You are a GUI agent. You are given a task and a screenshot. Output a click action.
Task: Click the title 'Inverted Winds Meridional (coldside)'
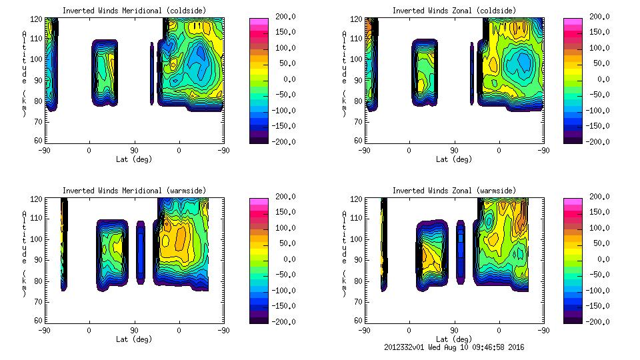[134, 11]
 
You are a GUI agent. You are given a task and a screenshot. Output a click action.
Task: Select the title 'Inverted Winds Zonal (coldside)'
[454, 11]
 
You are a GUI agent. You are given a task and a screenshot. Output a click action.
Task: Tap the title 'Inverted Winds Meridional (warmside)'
[134, 191]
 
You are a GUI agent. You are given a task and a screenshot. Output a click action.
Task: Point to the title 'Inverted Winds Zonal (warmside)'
[454, 191]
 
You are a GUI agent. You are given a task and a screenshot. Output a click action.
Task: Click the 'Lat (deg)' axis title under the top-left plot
[134, 159]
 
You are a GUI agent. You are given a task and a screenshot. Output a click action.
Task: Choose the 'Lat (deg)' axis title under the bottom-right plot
[454, 339]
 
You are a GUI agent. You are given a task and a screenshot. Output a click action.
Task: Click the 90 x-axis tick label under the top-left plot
[134, 151]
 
